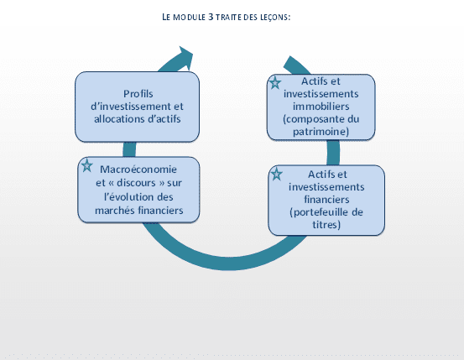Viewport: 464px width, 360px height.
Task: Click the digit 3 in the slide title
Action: click(x=211, y=17)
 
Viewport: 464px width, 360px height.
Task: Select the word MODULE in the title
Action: click(x=189, y=17)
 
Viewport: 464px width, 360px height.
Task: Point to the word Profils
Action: click(x=138, y=94)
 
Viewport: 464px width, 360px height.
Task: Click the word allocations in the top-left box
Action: click(x=117, y=118)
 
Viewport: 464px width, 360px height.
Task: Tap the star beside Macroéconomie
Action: click(x=86, y=165)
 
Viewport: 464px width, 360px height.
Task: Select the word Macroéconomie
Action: click(x=138, y=170)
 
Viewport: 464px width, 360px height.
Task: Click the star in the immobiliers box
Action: click(x=275, y=83)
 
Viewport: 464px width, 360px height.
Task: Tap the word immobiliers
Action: click(x=321, y=107)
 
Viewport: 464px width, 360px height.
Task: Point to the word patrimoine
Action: click(x=321, y=131)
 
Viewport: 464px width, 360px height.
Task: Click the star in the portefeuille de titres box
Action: click(x=276, y=174)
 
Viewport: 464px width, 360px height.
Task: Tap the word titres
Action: click(x=326, y=225)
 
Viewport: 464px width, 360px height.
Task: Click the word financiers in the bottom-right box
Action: click(x=326, y=200)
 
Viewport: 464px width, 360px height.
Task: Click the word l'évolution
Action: click(x=129, y=197)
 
